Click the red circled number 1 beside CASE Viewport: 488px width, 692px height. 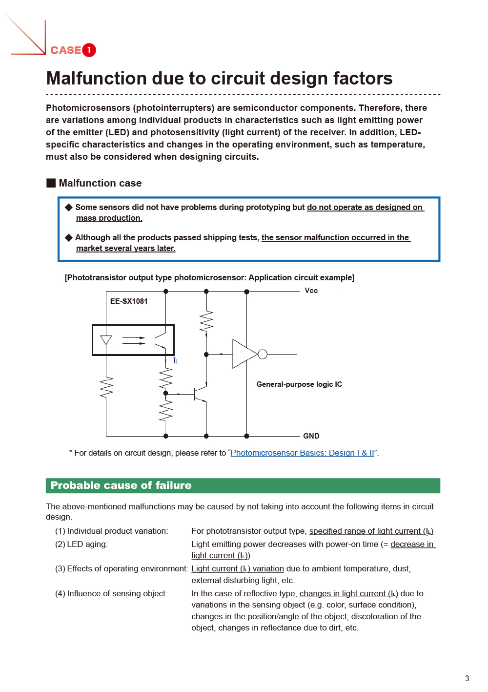(89, 50)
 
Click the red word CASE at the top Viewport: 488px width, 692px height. (66, 50)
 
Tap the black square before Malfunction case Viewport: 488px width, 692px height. (51, 183)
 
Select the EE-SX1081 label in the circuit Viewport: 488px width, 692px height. (129, 301)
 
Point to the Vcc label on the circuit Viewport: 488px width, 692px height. (311, 291)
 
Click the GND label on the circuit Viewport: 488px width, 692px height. (311, 436)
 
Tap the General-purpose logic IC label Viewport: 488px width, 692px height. (299, 384)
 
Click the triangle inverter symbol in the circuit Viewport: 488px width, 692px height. (244, 354)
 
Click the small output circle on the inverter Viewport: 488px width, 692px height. (263, 354)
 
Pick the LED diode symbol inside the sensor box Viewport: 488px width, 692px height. (106, 340)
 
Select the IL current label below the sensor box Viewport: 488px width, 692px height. (176, 361)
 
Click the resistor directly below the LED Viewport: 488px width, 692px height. (106, 388)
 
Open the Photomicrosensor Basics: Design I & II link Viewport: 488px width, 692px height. (302, 453)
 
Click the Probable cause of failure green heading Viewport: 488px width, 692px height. (121, 485)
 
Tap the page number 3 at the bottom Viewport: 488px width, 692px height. (467, 678)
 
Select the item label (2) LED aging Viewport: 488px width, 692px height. (81, 544)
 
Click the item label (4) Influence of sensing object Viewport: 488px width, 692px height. (111, 593)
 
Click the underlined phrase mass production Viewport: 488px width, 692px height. (109, 218)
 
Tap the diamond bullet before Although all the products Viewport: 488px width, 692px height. (69, 237)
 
